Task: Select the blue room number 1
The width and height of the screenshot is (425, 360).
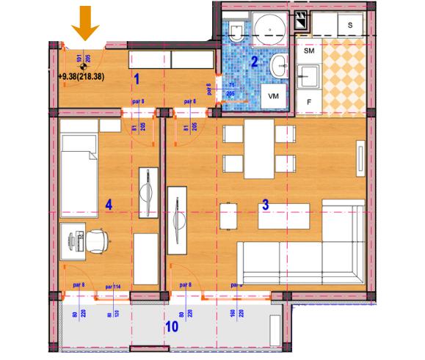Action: point(137,75)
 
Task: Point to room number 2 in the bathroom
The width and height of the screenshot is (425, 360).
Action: point(255,62)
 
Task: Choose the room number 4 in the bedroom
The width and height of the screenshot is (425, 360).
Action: point(109,205)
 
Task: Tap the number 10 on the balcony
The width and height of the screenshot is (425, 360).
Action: point(171,326)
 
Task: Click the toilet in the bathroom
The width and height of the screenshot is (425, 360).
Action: point(236,32)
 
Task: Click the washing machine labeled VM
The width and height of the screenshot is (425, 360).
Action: point(274,96)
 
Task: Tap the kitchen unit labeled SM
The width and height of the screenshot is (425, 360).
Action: point(309,52)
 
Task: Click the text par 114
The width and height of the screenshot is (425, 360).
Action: point(113,287)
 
